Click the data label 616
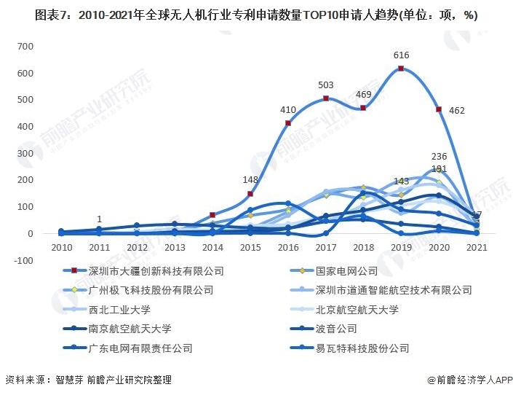pyautogui.click(x=401, y=55)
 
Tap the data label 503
pyautogui.click(x=325, y=85)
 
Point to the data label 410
pyautogui.click(x=288, y=110)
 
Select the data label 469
pyautogui.click(x=363, y=95)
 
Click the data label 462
pyautogui.click(x=456, y=111)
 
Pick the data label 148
pyautogui.click(x=250, y=180)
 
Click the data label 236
pyautogui.click(x=439, y=157)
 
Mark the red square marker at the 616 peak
pyautogui.click(x=401, y=69)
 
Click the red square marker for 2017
pyautogui.click(x=326, y=98)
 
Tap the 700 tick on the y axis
pyautogui.click(x=25, y=46)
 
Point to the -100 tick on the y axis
pyautogui.click(x=23, y=260)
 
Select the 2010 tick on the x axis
pyautogui.click(x=62, y=248)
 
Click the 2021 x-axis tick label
pyautogui.click(x=476, y=248)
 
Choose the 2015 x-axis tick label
pyautogui.click(x=250, y=248)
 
